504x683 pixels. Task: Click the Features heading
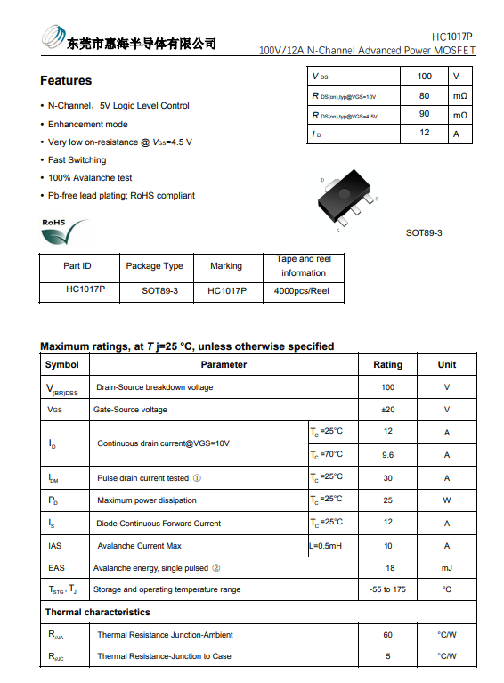pos(65,81)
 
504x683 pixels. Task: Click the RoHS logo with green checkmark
pos(64,232)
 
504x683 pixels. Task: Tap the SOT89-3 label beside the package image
pos(424,232)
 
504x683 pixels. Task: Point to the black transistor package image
pos(347,196)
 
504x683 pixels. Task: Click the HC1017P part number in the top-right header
pos(452,37)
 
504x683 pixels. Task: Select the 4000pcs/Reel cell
pos(301,290)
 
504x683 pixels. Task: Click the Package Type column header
pos(154,265)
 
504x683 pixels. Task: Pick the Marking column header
pos(226,265)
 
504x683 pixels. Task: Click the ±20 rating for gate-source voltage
pos(387,410)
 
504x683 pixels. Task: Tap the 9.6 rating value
pos(387,454)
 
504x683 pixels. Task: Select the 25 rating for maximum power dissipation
pos(387,500)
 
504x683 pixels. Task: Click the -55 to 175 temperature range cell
pos(387,589)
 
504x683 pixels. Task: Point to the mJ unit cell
pos(446,567)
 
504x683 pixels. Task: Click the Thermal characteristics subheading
pos(98,612)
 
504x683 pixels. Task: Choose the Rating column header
pos(387,364)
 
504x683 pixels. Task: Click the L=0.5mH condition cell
pos(326,545)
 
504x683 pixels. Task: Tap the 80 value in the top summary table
pos(424,95)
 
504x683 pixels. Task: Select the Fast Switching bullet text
pos(77,160)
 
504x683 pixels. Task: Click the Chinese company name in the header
pos(142,43)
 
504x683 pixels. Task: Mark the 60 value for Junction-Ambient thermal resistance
pos(387,635)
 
